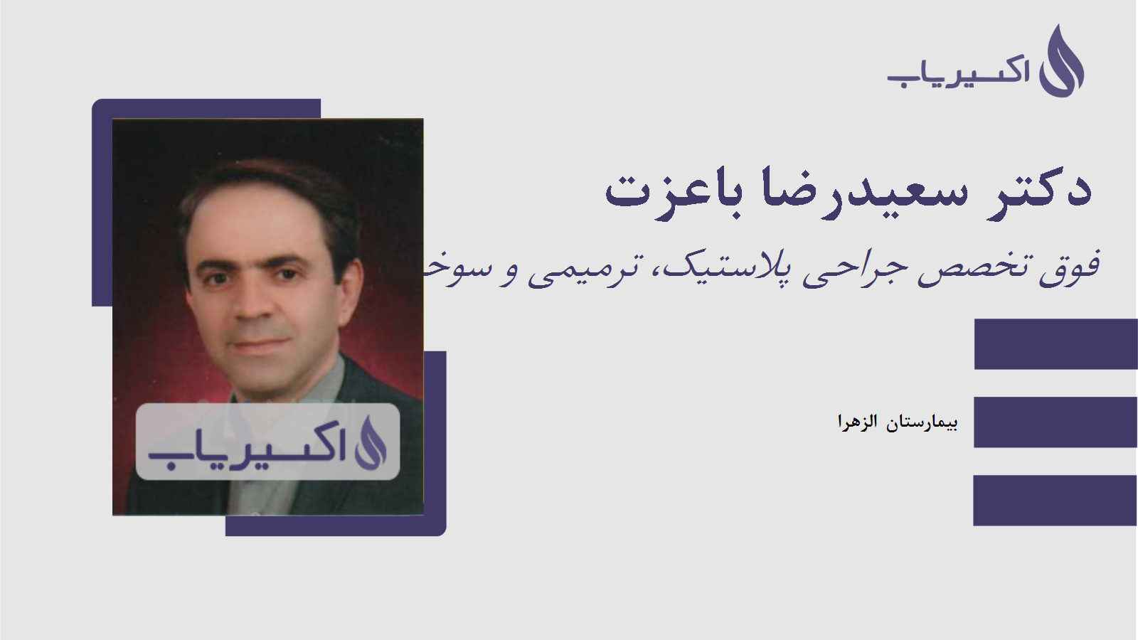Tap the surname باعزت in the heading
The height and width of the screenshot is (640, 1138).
(673, 191)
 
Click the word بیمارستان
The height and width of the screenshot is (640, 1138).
(922, 422)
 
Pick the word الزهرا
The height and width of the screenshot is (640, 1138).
(857, 422)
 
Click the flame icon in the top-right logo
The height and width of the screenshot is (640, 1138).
(1061, 62)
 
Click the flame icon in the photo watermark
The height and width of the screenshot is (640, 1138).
(371, 442)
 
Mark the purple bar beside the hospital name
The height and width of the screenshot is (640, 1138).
(1055, 422)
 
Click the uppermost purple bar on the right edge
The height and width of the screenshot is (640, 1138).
(1055, 344)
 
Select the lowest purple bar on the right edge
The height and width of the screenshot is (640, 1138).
(1055, 500)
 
